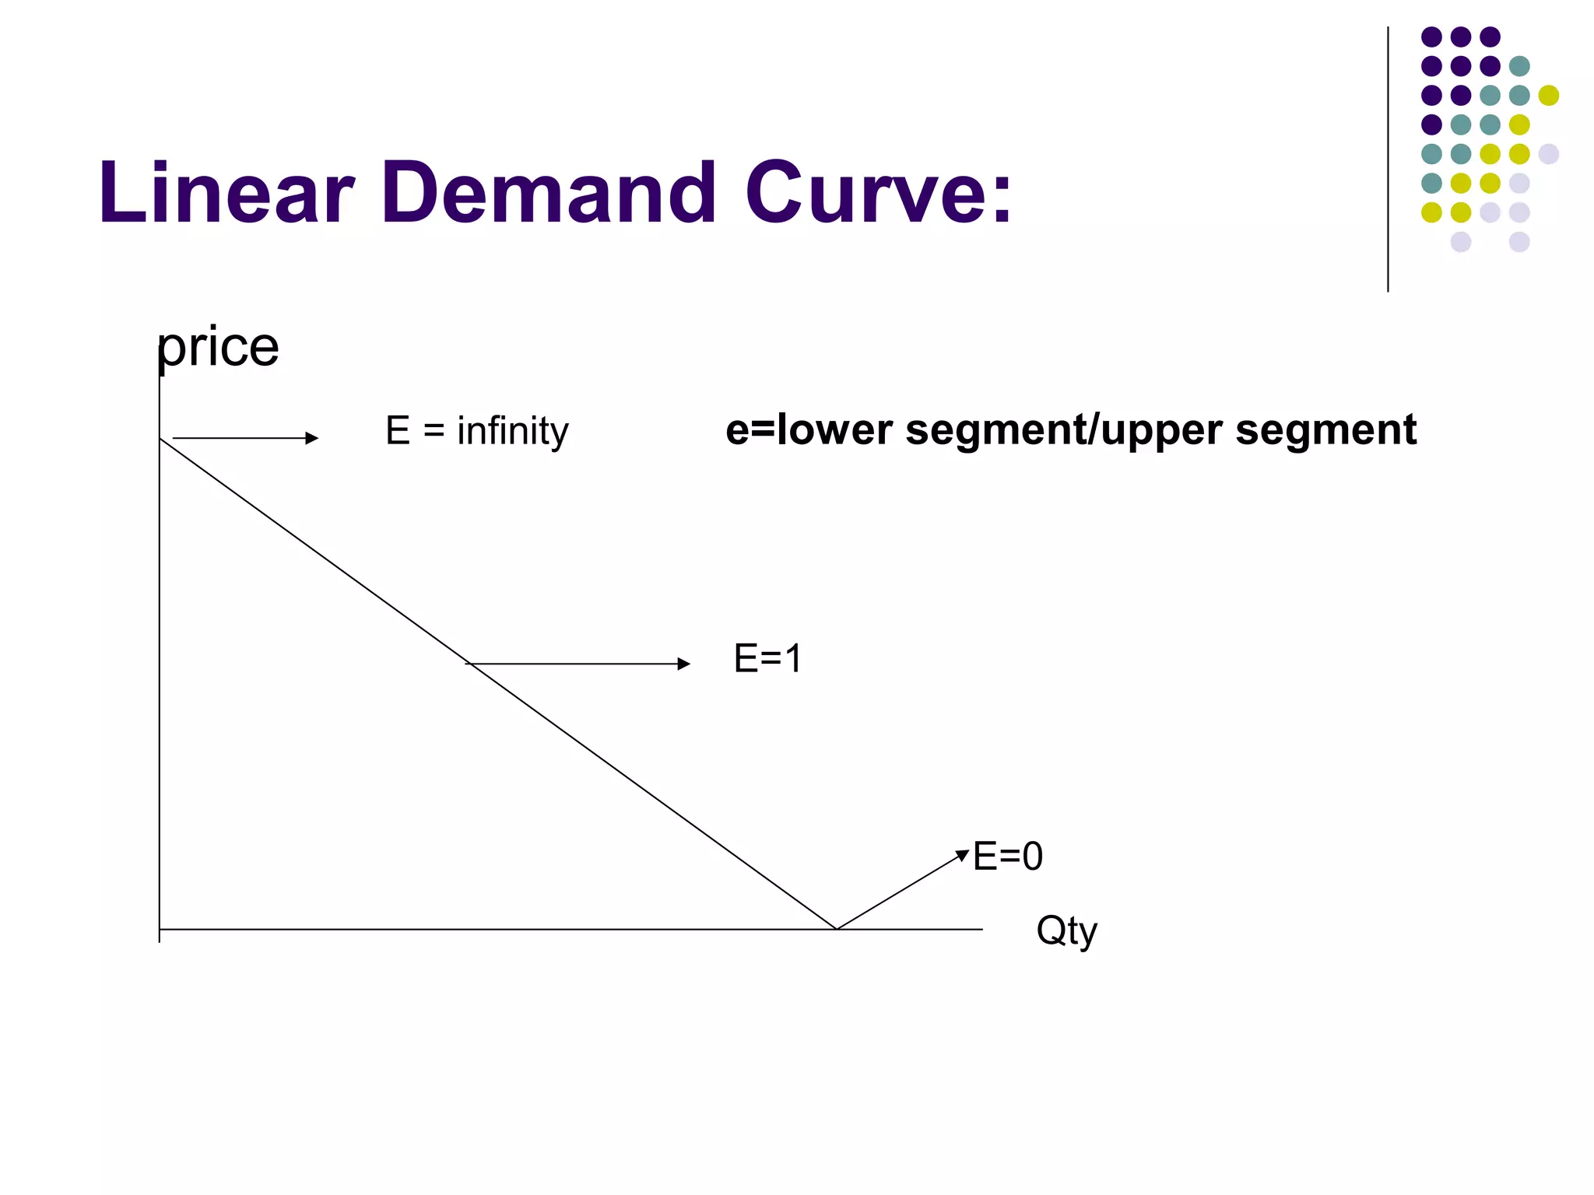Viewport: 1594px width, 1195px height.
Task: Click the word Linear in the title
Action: (226, 192)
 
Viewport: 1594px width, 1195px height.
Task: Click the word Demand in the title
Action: (548, 192)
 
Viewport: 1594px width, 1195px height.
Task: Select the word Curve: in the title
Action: (878, 192)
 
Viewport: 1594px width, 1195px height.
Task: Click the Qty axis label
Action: (1066, 930)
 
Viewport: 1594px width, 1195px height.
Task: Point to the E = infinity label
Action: (476, 431)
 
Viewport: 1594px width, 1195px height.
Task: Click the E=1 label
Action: (767, 659)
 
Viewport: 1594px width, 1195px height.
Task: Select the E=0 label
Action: (1008, 857)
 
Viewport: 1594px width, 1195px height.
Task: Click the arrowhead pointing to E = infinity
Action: (313, 438)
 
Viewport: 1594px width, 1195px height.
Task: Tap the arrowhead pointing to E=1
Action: (684, 664)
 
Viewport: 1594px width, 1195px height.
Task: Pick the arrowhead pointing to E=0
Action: (964, 855)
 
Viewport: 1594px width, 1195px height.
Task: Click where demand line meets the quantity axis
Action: (836, 929)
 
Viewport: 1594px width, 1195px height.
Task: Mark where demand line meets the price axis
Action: (160, 439)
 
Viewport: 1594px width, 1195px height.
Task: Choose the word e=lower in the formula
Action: (809, 430)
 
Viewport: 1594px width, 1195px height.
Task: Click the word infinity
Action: (513, 431)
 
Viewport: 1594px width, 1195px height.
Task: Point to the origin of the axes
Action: (160, 929)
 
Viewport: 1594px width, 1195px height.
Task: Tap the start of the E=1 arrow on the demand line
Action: (467, 664)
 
